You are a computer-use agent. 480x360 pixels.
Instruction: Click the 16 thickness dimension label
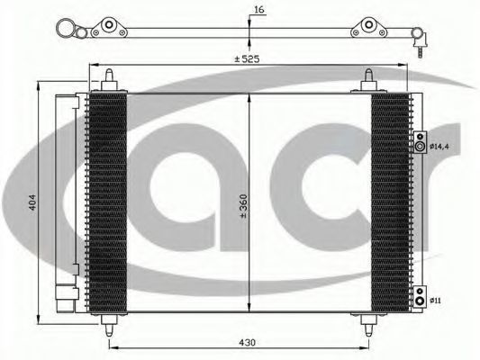click(258, 10)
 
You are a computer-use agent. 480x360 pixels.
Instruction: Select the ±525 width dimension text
click(247, 58)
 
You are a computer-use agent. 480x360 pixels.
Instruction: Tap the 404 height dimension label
click(32, 202)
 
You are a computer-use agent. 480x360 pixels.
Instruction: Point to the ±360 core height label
click(243, 205)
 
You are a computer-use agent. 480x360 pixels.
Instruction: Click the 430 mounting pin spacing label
click(247, 343)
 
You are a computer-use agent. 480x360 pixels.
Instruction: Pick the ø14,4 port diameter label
click(439, 147)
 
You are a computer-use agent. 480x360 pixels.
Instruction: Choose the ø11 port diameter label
click(435, 301)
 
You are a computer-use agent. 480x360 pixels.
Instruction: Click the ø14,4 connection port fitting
click(420, 142)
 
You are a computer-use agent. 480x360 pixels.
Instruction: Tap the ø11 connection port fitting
click(420, 297)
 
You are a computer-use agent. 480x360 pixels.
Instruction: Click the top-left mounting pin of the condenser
click(109, 79)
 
